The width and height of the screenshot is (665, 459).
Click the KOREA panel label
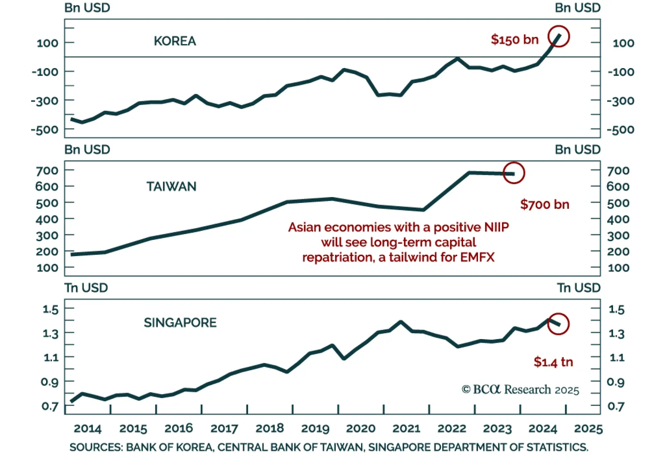(175, 41)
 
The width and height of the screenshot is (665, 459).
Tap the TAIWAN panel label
(171, 187)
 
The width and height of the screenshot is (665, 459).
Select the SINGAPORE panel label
(180, 323)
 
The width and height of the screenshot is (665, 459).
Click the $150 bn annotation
(515, 40)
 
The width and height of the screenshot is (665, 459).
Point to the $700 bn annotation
(544, 205)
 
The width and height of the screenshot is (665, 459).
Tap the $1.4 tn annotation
(553, 362)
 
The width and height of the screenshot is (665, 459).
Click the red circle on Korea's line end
(558, 37)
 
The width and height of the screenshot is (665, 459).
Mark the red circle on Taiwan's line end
(514, 173)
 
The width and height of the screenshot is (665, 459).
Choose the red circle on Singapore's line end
(558, 324)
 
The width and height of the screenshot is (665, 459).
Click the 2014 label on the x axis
(87, 429)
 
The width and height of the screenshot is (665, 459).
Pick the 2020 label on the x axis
(361, 429)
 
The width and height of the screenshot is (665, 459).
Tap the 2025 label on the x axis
(588, 429)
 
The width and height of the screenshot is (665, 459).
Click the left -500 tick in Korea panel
(44, 130)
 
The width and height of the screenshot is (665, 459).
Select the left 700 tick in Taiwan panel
(47, 171)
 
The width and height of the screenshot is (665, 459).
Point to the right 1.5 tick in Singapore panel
(616, 310)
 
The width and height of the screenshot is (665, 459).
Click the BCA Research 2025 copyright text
(520, 390)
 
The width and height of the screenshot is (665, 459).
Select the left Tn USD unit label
(86, 288)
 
